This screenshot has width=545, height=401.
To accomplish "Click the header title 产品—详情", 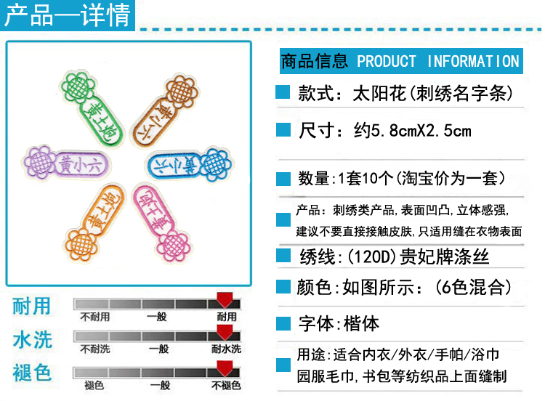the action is click(x=67, y=15).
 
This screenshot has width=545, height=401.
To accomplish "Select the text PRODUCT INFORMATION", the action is click(x=438, y=61).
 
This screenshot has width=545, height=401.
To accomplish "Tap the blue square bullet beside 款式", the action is click(x=283, y=94).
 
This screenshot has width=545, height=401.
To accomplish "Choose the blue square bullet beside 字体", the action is click(x=283, y=323).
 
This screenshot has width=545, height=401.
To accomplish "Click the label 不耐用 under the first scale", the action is click(x=95, y=317).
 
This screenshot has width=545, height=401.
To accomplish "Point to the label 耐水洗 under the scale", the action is click(x=226, y=350).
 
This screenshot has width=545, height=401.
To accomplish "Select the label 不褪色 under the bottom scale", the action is click(x=226, y=386).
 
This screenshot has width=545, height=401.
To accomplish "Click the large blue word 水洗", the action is click(x=32, y=339).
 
